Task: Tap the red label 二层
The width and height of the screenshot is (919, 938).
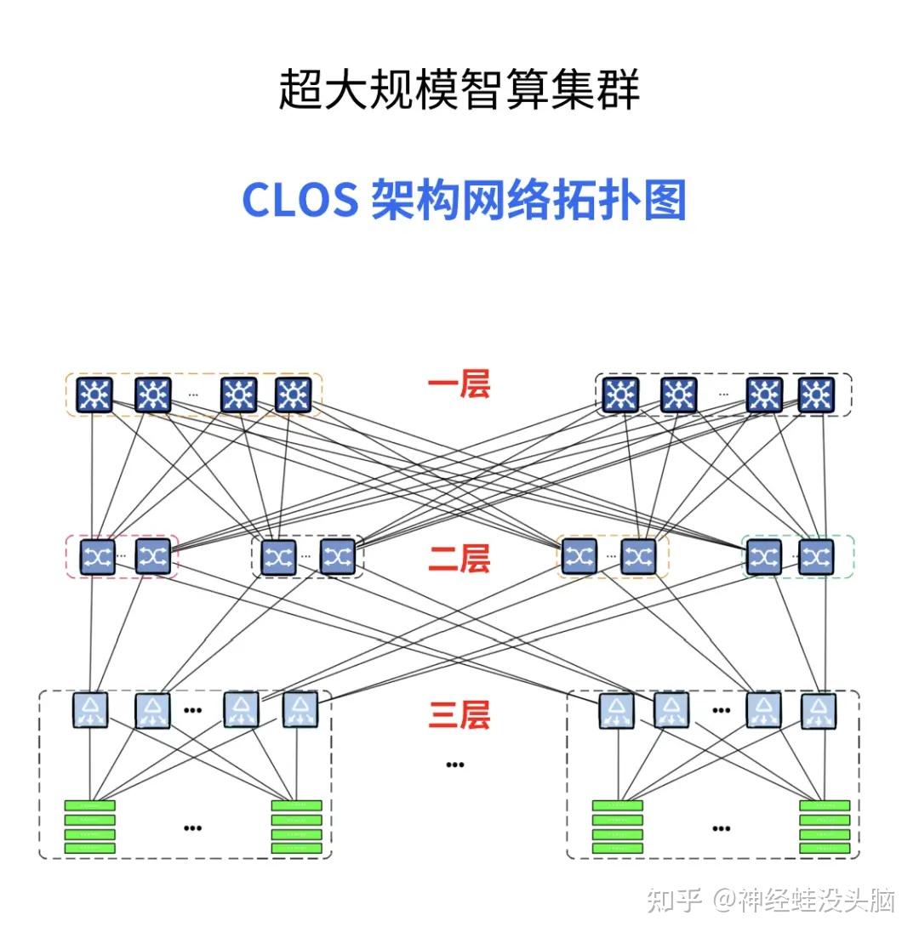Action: pos(459,560)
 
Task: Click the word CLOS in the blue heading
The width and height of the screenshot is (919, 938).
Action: pos(300,202)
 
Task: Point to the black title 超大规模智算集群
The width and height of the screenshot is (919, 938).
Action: pos(459,90)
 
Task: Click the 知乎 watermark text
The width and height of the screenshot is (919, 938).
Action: pos(673,900)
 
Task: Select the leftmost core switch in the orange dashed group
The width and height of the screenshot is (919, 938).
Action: pos(93,395)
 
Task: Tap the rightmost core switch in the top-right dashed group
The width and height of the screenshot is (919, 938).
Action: pos(816,395)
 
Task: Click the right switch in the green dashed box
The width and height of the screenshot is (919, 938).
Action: pos(816,557)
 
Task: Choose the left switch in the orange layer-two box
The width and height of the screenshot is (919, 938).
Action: pos(579,557)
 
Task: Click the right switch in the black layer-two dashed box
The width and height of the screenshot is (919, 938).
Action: pos(337,557)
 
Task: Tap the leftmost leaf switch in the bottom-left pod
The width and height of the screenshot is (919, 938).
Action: pos(89,711)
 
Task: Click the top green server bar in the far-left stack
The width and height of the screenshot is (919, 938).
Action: pos(90,805)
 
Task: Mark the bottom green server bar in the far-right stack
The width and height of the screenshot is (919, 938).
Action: pos(825,849)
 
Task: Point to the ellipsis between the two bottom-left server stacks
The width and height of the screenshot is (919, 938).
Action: pos(193,827)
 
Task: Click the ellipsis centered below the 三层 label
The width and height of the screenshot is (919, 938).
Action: pos(455,765)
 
